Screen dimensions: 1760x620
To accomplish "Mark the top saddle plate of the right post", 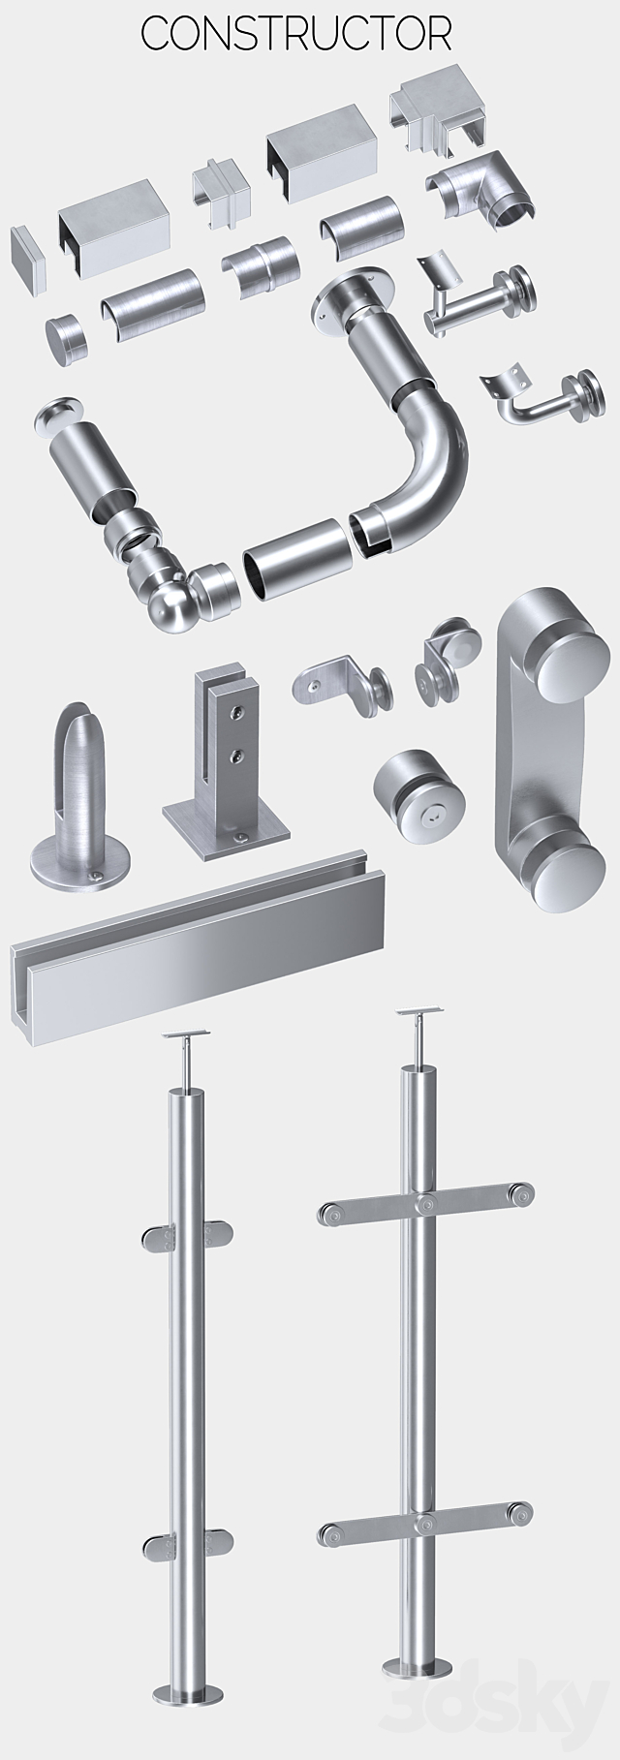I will [415, 1014].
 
